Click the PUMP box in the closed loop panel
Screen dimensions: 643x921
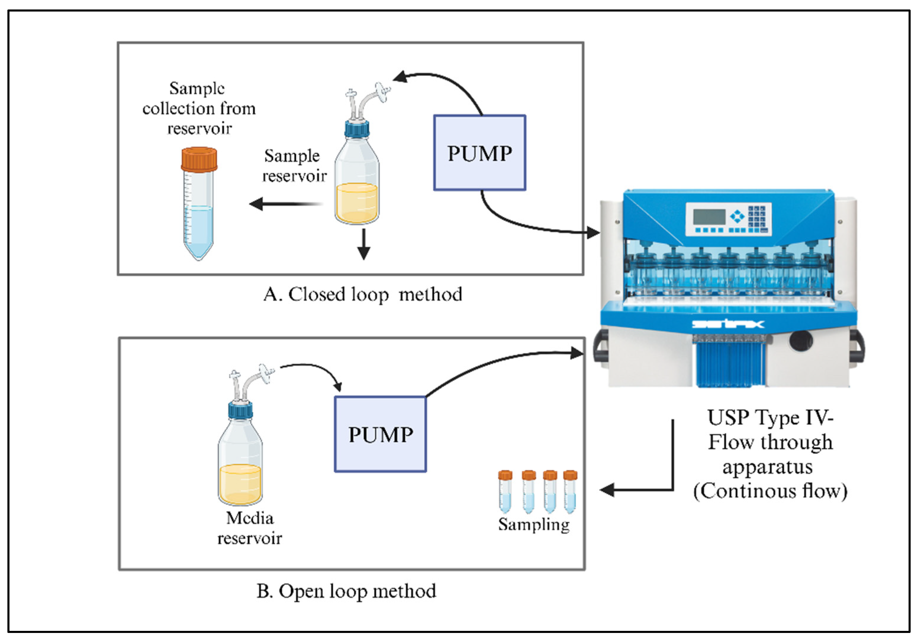point(479,153)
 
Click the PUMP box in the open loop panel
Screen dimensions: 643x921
point(380,434)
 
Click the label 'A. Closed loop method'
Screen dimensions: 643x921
point(363,295)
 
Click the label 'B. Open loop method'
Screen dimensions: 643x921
point(346,591)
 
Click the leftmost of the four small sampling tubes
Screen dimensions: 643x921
point(505,492)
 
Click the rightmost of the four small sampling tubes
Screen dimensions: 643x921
point(570,492)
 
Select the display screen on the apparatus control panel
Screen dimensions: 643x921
point(709,217)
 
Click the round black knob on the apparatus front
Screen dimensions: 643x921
point(801,341)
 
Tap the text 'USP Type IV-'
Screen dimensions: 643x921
point(770,418)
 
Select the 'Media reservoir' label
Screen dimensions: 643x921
point(249,528)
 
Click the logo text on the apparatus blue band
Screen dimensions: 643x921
point(728,324)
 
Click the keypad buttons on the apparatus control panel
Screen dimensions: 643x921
point(756,218)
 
